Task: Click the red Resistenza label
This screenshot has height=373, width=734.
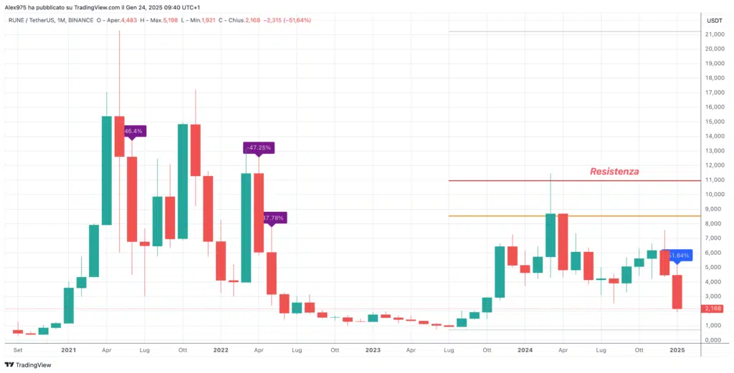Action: point(614,172)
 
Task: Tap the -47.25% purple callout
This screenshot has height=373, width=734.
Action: point(258,147)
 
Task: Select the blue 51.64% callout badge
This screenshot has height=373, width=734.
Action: point(677,256)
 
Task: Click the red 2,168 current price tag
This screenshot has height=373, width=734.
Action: point(714,309)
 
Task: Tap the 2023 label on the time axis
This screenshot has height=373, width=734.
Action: point(372,350)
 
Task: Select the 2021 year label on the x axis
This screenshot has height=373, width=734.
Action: point(69,350)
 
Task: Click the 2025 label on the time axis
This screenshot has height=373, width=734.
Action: point(677,350)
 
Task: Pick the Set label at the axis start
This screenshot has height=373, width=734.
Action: point(18,350)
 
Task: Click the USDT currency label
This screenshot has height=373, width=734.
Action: point(714,21)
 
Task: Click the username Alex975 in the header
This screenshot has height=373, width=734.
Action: point(16,6)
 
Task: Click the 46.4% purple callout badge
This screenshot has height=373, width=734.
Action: point(133,131)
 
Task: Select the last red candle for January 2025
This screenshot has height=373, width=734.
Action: point(677,291)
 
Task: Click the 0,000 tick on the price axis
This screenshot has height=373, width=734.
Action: point(714,340)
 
